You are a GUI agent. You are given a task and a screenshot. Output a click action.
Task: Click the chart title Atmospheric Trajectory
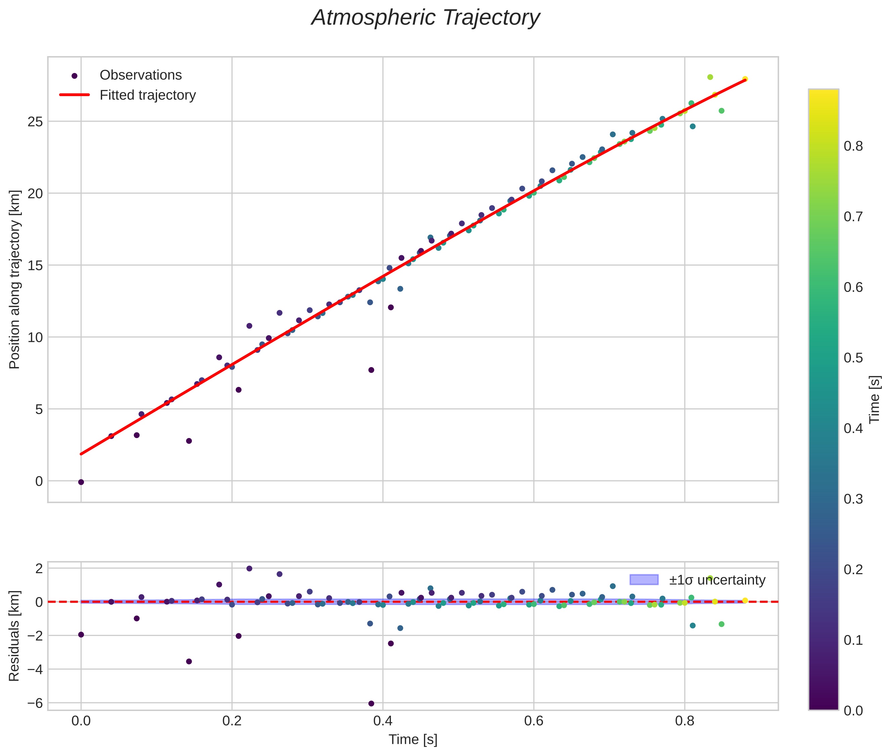point(426,18)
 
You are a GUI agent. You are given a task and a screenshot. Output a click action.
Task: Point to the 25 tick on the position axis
point(36,122)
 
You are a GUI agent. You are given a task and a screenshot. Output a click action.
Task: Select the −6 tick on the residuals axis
point(34,703)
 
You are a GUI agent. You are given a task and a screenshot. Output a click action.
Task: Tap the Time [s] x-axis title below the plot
point(413,740)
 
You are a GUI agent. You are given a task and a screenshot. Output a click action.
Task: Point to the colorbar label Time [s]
point(875,399)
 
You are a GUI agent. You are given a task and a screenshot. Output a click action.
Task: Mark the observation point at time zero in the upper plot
point(81,482)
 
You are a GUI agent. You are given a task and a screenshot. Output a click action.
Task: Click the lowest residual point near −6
point(371,703)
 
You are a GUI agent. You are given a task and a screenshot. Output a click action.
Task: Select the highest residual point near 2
point(249,568)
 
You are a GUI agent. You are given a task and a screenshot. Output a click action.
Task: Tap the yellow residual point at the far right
point(745,600)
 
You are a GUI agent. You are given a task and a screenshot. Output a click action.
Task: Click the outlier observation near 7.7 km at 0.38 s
point(371,370)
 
